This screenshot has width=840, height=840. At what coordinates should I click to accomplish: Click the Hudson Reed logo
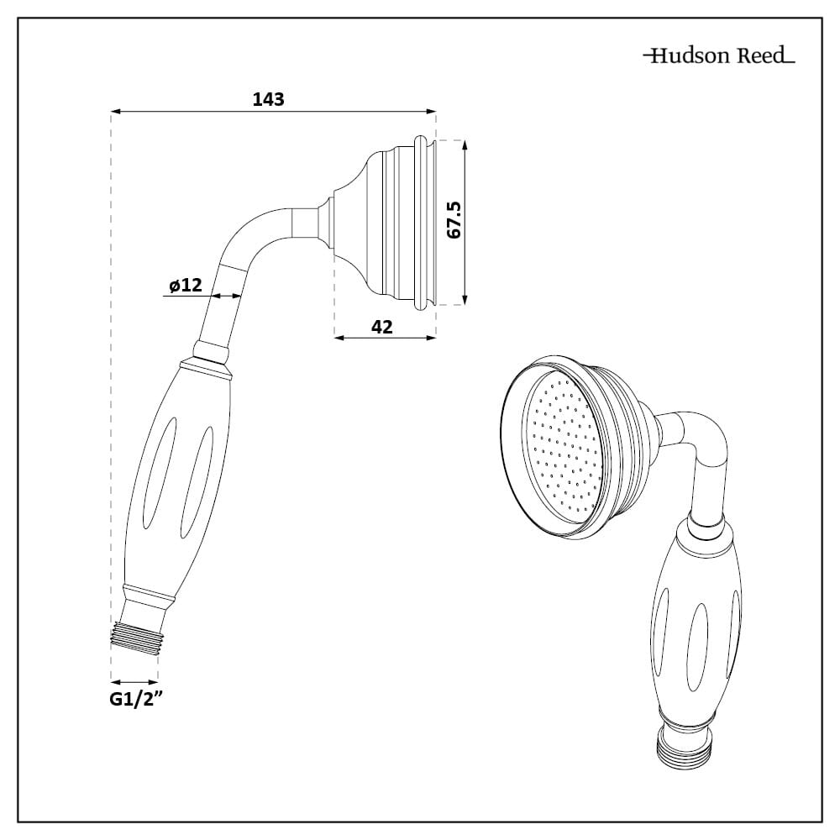tap(718, 56)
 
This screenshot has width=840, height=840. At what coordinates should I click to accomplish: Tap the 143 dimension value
tap(269, 98)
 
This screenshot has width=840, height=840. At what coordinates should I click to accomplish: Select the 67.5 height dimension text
tap(454, 220)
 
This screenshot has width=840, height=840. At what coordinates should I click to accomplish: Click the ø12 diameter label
tap(185, 285)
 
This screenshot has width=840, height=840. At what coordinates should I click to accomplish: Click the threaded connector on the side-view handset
tap(135, 633)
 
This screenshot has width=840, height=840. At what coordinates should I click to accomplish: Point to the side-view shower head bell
tap(382, 223)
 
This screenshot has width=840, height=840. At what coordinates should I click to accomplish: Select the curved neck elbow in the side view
tap(256, 235)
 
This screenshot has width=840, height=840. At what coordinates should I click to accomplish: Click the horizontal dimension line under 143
tap(274, 111)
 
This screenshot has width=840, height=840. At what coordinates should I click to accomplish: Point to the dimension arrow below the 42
tap(385, 338)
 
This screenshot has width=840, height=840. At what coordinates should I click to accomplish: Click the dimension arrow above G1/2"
tap(134, 681)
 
